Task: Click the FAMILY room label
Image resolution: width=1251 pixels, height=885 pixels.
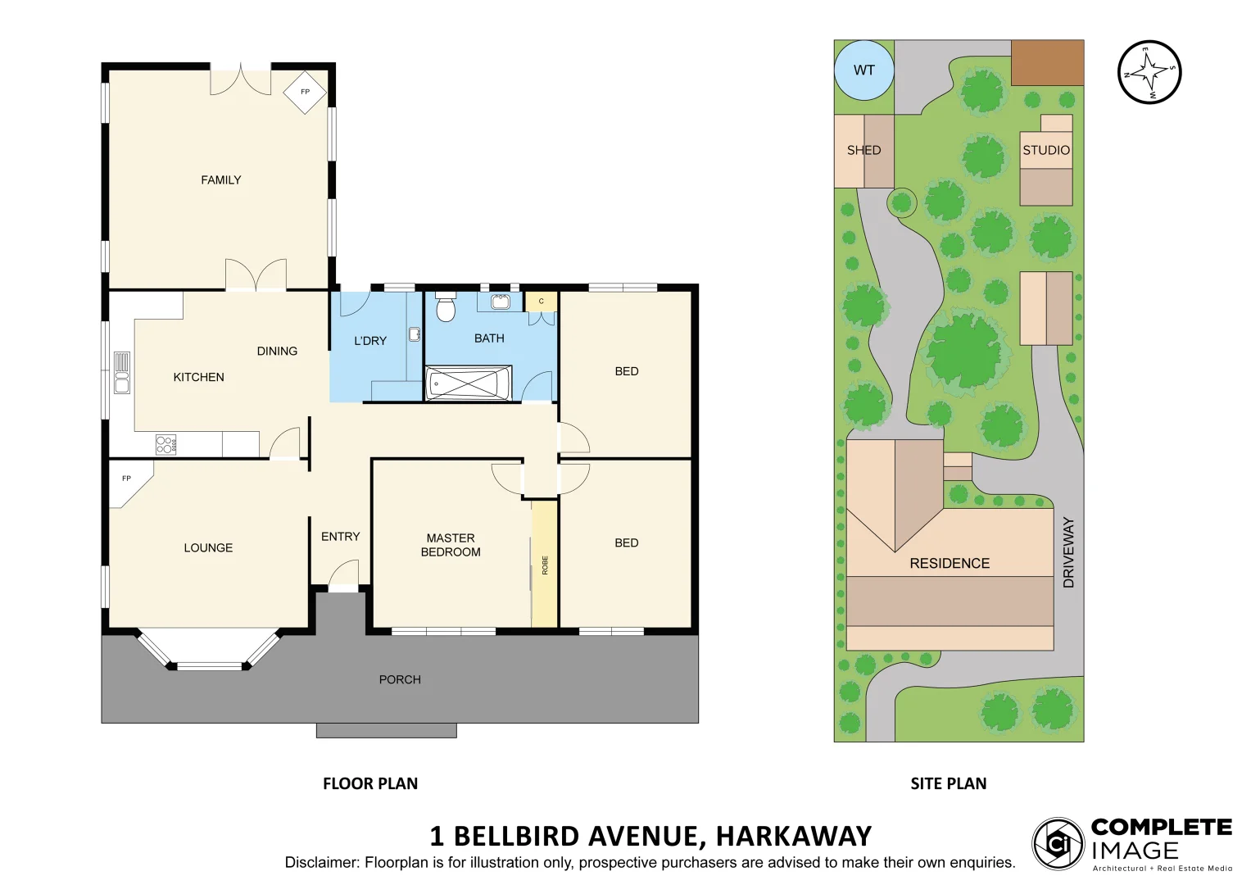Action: point(221,180)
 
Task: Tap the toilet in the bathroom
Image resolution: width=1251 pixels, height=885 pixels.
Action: point(446,308)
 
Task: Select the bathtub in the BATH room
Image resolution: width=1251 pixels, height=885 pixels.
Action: point(468,383)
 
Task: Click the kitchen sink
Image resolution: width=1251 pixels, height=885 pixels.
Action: point(122,373)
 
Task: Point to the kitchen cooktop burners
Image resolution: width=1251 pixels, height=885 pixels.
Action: point(165,445)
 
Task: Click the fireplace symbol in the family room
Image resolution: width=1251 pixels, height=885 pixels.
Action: point(305,92)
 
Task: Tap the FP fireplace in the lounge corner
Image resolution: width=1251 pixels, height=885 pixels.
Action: point(127,479)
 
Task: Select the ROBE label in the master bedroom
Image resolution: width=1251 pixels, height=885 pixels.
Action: point(545,565)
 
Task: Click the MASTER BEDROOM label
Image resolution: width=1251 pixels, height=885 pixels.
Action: point(451,545)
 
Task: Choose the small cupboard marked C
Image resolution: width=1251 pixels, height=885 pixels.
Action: point(541,302)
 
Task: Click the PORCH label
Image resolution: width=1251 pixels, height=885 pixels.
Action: point(400,679)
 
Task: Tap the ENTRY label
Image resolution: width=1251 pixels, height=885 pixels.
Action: point(341,537)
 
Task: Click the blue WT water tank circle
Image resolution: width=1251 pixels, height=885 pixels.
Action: point(863,70)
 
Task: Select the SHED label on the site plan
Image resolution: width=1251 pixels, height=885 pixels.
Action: point(863,151)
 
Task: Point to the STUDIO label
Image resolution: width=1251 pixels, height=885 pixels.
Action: point(1046,151)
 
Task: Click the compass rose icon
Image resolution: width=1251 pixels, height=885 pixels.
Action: point(1149,72)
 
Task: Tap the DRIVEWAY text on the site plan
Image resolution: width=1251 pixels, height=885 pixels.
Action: point(1068,552)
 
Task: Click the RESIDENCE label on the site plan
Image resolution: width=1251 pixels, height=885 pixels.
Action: point(950,564)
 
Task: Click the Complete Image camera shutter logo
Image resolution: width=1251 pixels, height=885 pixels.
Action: point(1058,843)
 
